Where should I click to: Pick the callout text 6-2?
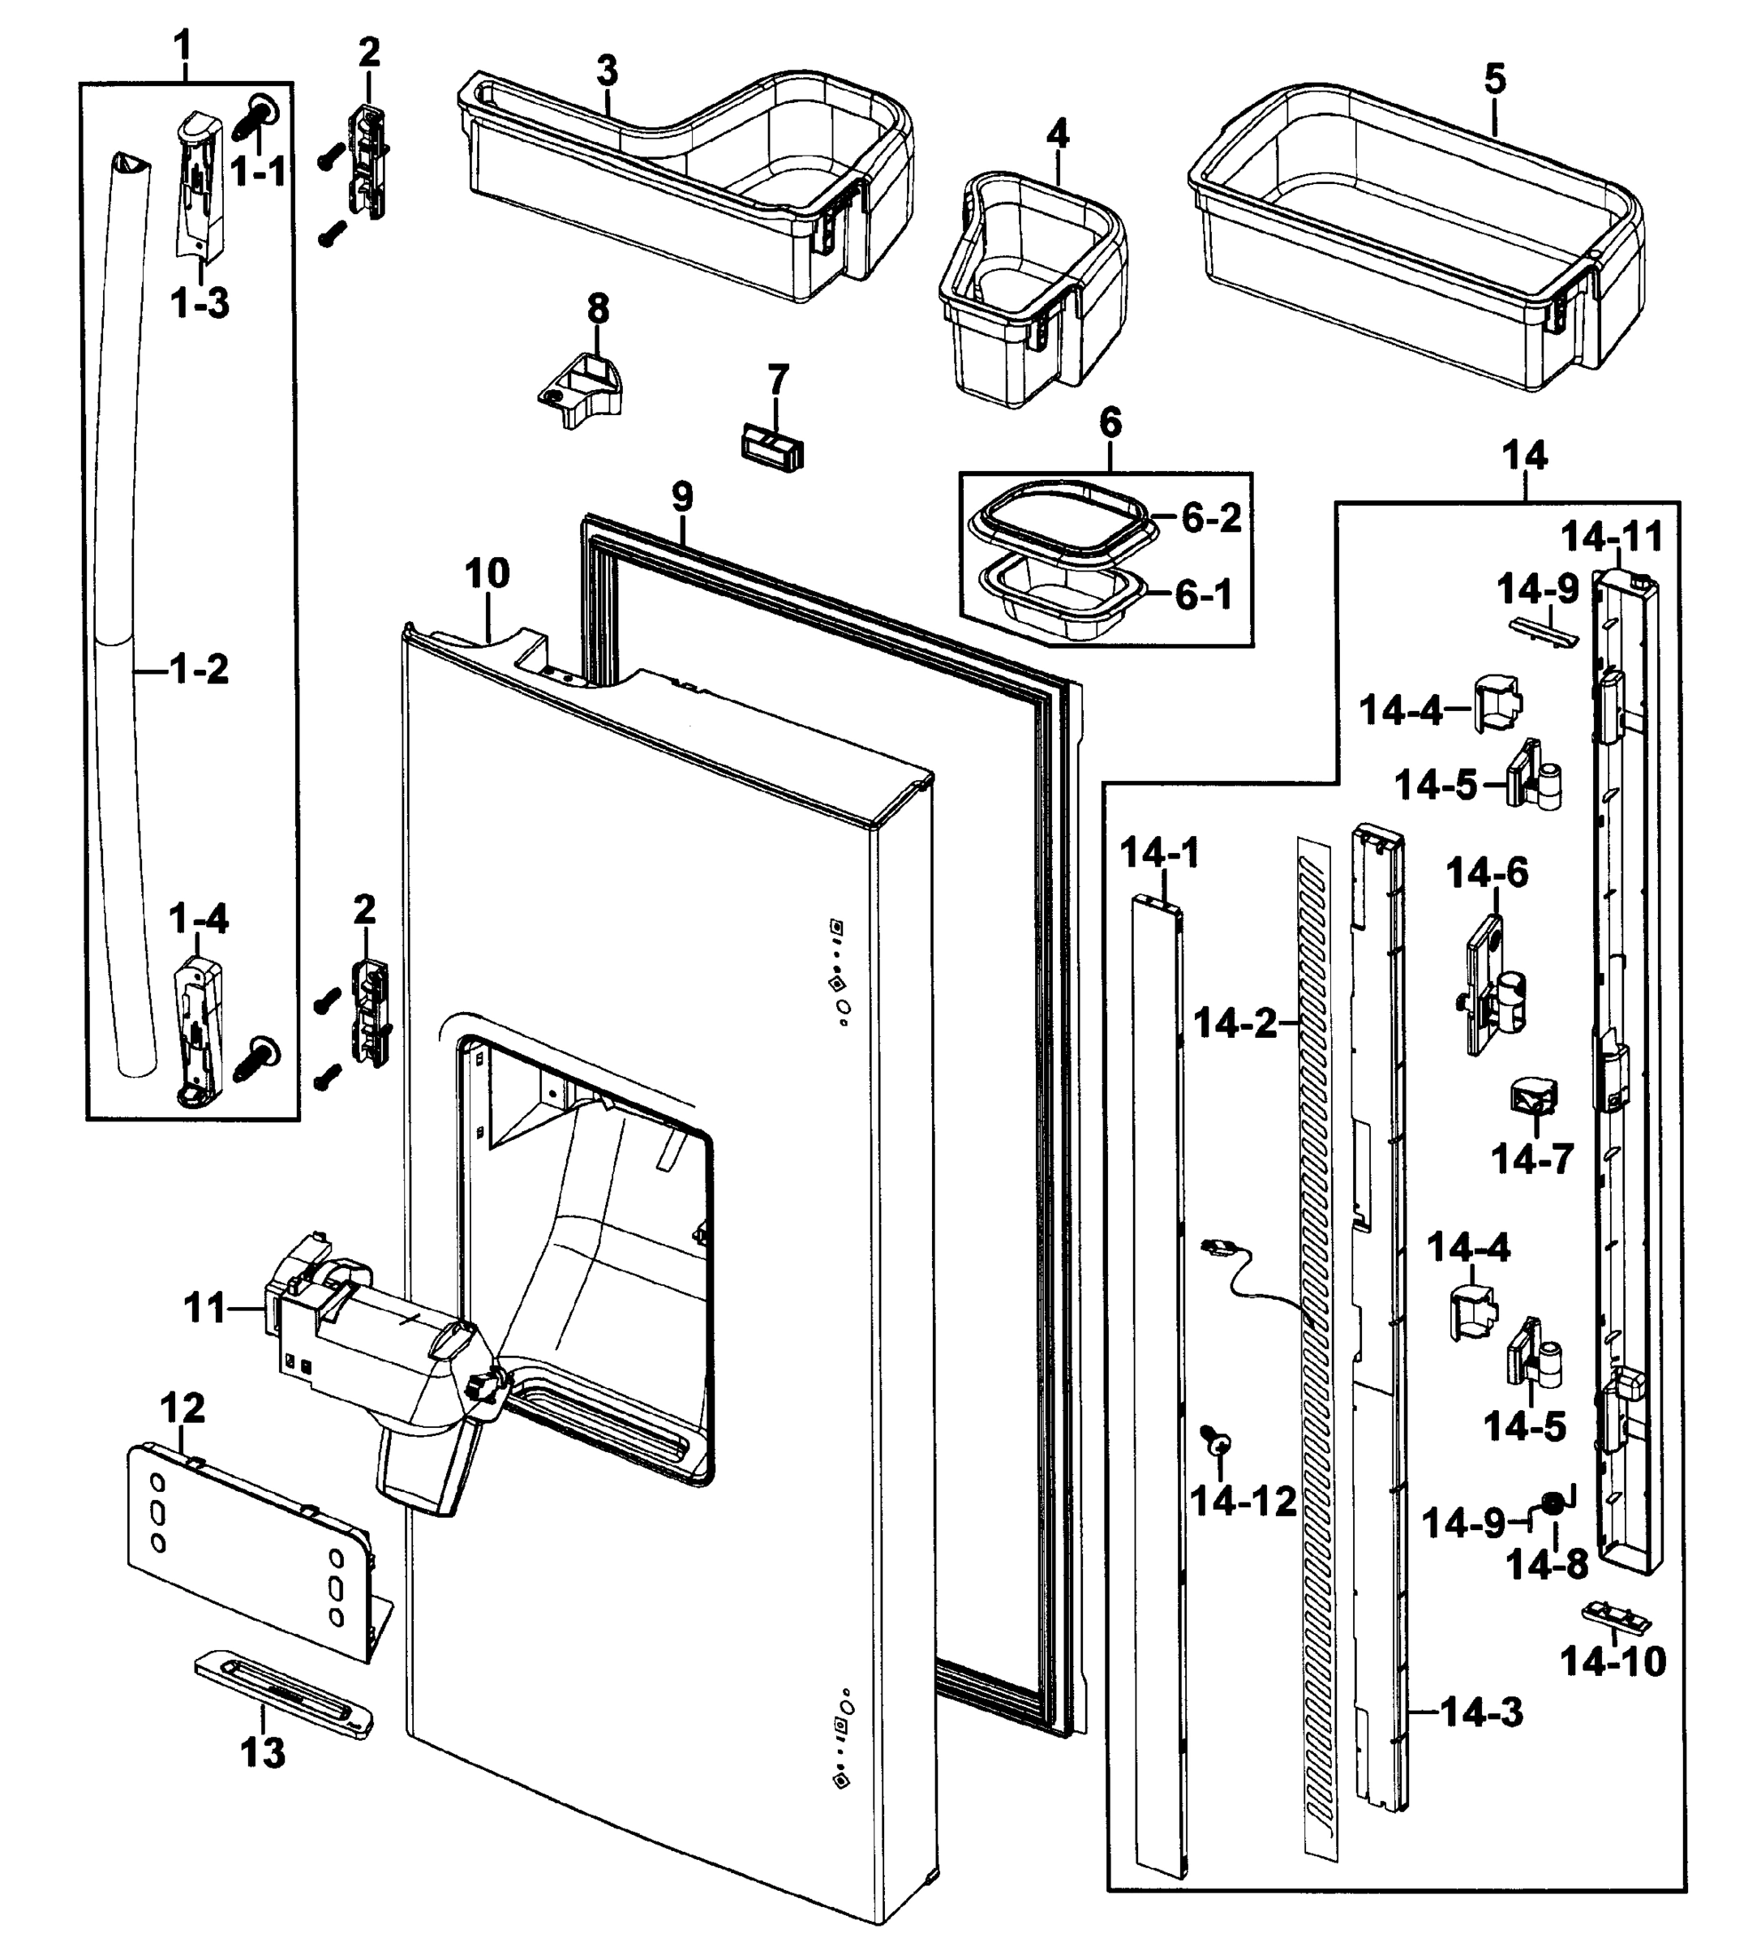(1212, 519)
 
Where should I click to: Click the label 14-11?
(1613, 538)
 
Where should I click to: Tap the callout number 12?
(183, 1408)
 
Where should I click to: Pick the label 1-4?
(199, 919)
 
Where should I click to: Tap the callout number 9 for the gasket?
(681, 497)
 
